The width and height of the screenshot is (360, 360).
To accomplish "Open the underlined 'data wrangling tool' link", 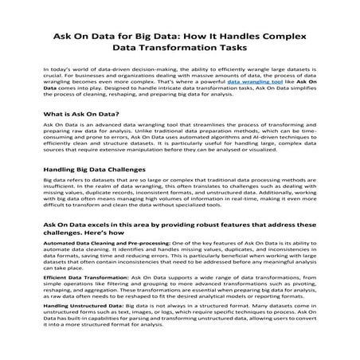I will point(256,82).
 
